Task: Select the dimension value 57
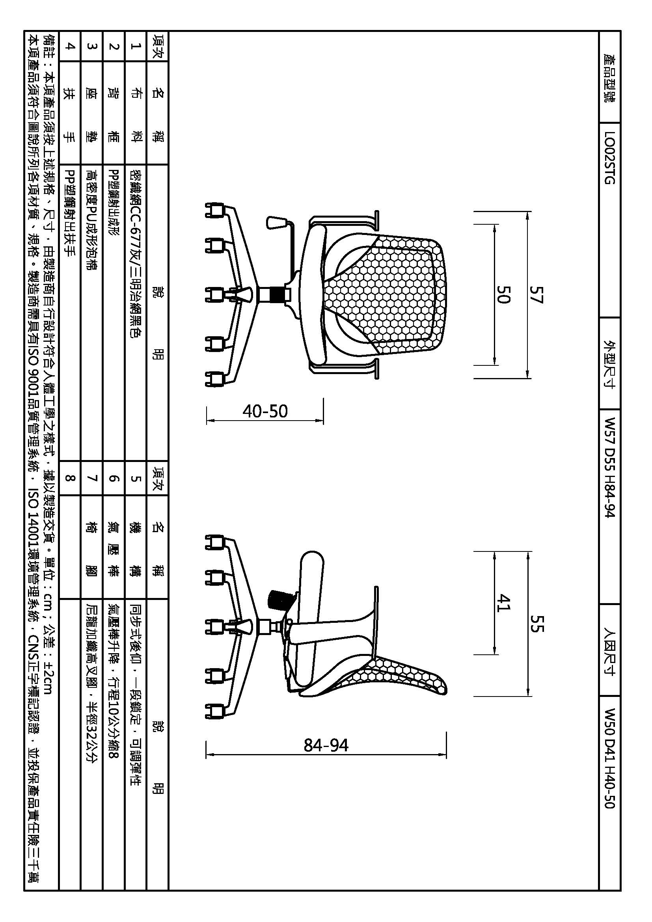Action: coord(537,294)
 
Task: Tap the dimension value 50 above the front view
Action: coord(503,294)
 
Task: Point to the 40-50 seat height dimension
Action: coord(265,411)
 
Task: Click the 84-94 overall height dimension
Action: coord(326,745)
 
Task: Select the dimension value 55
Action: coord(537,623)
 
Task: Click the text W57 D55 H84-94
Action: coord(609,468)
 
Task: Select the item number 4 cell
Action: coord(69,46)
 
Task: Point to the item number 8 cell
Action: coord(69,478)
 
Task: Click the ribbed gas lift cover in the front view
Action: coord(278,295)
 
